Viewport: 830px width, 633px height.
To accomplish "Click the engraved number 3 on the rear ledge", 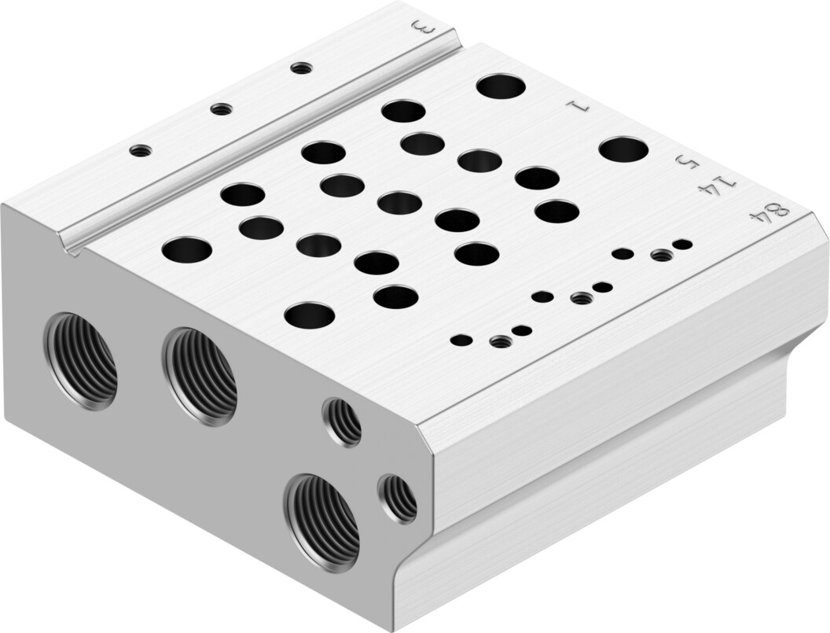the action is [x=424, y=28].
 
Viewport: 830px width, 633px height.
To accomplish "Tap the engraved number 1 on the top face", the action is [x=578, y=106].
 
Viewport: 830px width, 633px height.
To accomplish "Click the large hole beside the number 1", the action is [x=501, y=86].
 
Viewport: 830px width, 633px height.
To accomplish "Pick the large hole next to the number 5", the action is [x=623, y=149].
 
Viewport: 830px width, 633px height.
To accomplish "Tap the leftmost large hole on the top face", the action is [x=187, y=250].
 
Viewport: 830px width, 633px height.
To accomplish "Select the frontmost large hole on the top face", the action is [x=310, y=315].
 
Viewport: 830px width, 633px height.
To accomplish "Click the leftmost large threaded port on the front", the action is [x=80, y=361].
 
